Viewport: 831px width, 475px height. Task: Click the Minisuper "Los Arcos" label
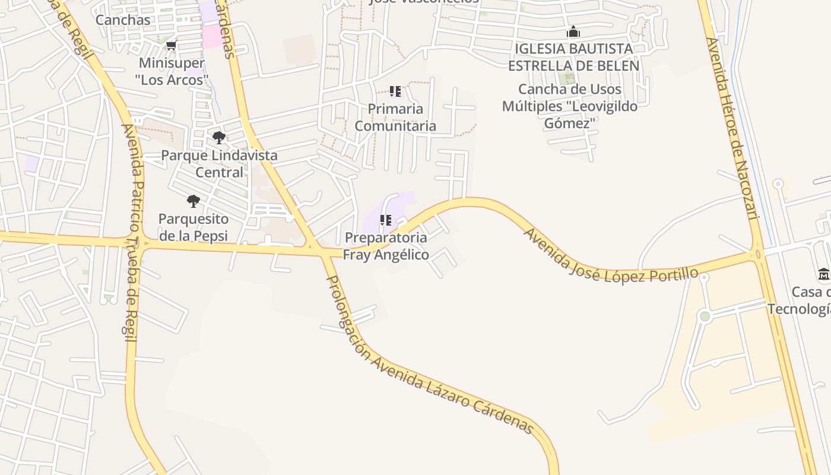[x=172, y=71]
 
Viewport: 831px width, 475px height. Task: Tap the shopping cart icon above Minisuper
[x=172, y=46]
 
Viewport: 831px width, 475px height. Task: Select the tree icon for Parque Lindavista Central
[x=219, y=138]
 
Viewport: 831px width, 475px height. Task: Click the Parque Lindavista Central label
[x=220, y=164]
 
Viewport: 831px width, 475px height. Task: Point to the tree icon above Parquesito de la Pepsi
[x=194, y=201]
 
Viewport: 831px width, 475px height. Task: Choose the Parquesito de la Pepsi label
[x=194, y=227]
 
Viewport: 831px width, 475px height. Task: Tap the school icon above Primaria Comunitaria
[x=395, y=91]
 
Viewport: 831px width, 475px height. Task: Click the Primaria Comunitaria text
[x=395, y=117]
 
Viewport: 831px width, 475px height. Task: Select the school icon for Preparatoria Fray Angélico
[x=386, y=220]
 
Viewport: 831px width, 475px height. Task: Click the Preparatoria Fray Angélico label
[x=386, y=246]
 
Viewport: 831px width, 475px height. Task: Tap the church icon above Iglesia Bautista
[x=573, y=31]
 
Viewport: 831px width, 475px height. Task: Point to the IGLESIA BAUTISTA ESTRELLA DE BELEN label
[x=573, y=57]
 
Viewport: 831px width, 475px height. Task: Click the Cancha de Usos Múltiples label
[x=570, y=106]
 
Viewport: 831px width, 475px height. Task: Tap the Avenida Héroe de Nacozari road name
[x=732, y=128]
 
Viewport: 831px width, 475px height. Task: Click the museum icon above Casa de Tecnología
[x=824, y=274]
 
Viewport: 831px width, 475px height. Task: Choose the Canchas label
[x=123, y=20]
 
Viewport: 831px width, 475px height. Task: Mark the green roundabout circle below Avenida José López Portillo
[x=705, y=316]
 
